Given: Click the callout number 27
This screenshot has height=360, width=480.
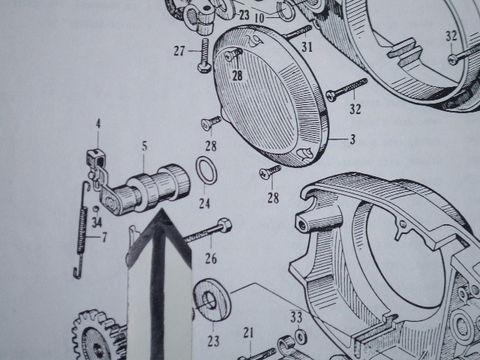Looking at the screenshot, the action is [179, 51].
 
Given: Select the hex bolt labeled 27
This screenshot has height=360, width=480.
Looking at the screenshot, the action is [205, 55].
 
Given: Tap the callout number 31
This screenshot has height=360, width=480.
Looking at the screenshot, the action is [307, 47].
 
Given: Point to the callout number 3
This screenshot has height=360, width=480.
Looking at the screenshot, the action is [352, 139].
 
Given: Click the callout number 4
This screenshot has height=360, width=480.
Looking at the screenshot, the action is [98, 124].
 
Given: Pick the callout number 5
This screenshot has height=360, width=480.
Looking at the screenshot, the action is [145, 146].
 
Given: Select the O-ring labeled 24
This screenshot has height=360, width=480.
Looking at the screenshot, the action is [206, 170].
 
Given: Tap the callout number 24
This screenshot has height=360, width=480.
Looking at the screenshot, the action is [205, 203].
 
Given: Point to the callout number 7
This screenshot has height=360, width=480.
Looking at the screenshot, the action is [104, 237].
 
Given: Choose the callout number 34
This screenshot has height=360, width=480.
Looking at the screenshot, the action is [97, 222].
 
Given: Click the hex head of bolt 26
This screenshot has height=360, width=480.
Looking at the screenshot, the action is [225, 225].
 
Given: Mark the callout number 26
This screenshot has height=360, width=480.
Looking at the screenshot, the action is [211, 259].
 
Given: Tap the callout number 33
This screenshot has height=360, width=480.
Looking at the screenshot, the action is [296, 317].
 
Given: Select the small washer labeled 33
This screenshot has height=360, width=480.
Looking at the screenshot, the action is [301, 337].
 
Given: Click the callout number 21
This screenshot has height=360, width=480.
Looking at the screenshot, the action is [248, 333].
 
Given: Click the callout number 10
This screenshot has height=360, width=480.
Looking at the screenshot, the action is [259, 18].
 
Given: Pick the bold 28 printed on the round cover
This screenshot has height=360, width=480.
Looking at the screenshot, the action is [237, 75].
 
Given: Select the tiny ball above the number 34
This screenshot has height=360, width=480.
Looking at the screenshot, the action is [96, 208].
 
